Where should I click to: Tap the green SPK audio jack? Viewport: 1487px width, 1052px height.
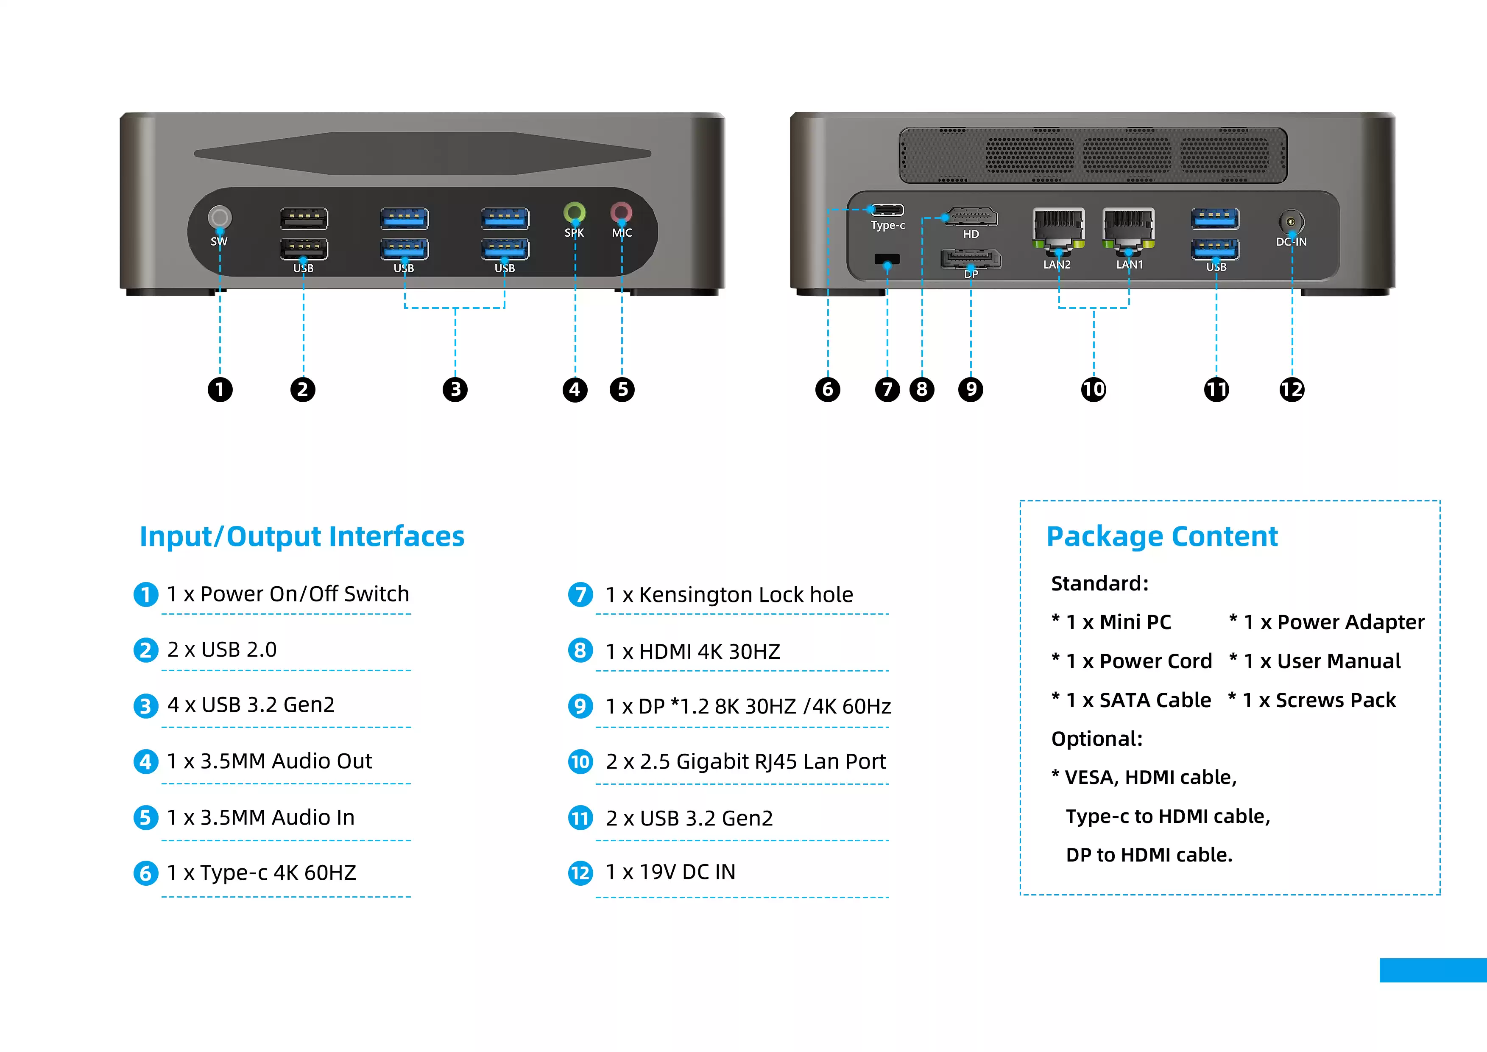point(575,212)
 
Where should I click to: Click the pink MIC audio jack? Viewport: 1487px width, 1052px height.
point(622,212)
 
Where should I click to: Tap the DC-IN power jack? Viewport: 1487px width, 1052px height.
point(1292,221)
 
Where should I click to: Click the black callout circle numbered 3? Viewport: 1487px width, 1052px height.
point(455,389)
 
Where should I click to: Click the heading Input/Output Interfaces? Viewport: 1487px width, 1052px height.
point(302,536)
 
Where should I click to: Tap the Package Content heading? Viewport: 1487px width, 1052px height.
point(1162,536)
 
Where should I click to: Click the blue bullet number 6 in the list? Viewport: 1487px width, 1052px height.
point(146,873)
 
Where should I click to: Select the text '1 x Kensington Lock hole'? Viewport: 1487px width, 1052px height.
point(728,595)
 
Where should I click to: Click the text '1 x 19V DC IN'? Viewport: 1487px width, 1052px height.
point(670,872)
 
